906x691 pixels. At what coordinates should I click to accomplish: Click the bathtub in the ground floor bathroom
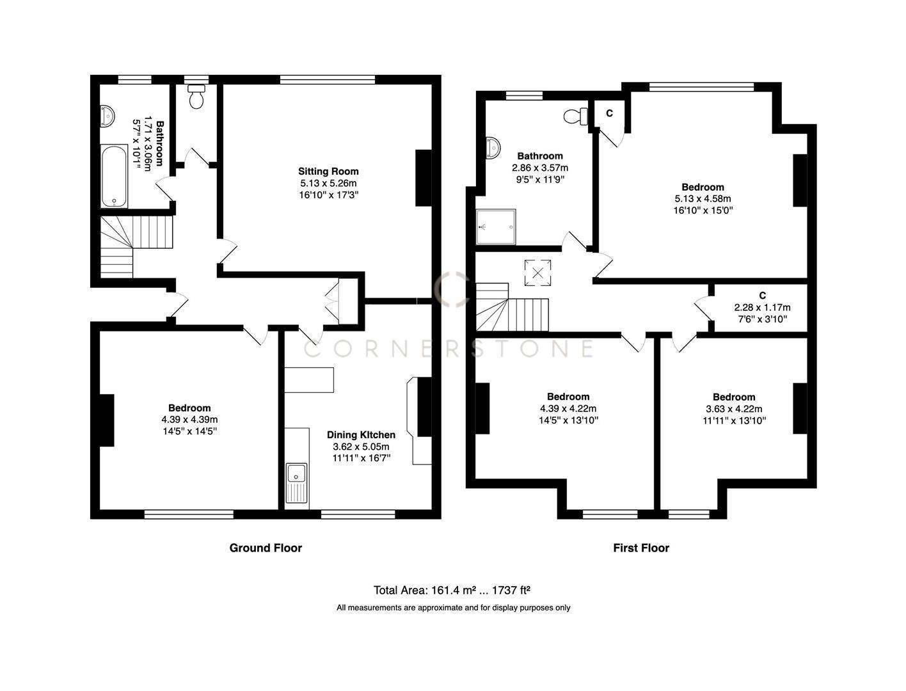(x=115, y=176)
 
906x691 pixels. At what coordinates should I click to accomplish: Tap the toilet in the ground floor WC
(x=196, y=97)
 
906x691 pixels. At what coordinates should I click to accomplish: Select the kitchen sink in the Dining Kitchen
(x=297, y=475)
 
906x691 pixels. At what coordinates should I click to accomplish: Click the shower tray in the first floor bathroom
(x=496, y=227)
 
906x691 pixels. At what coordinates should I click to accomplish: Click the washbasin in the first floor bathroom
(x=493, y=147)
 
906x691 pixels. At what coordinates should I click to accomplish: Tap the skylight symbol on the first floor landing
(x=537, y=273)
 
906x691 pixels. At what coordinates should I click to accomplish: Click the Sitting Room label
(x=328, y=171)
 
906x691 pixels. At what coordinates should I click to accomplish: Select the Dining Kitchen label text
(x=361, y=435)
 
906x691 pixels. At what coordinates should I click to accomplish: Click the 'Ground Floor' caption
(x=266, y=548)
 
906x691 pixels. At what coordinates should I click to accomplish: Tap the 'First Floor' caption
(x=641, y=548)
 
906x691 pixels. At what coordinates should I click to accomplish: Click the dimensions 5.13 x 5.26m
(x=328, y=183)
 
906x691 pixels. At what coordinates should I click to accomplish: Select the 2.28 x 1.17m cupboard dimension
(x=762, y=307)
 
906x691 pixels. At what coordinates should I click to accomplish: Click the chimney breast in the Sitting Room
(x=424, y=178)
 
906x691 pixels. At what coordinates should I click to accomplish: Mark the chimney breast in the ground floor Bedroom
(x=106, y=420)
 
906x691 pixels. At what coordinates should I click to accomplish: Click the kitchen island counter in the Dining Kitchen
(x=310, y=379)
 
